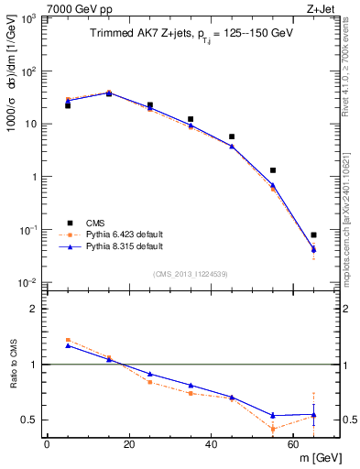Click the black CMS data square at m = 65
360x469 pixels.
(313, 235)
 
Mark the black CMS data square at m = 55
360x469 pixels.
(273, 170)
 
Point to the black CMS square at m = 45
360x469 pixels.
(232, 136)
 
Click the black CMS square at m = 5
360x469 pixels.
(68, 105)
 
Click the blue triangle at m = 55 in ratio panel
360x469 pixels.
(273, 415)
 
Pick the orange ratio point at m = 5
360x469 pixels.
(68, 340)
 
